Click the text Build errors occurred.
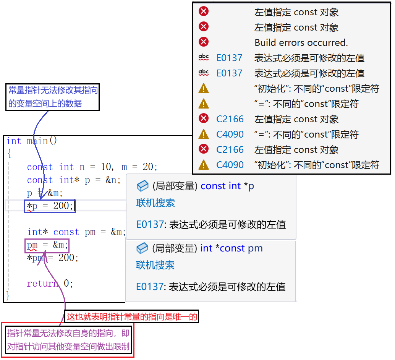coord(301,42)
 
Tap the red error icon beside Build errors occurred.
coord(204,42)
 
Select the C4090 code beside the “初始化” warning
coord(230,165)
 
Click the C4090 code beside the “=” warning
coord(230,134)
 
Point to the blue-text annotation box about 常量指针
coord(53,97)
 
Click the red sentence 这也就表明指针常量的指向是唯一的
coord(132,316)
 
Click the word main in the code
coord(37,141)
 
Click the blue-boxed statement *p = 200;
coord(50,206)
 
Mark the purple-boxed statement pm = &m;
coord(47,245)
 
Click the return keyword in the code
coord(42,284)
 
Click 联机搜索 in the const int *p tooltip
coord(155,203)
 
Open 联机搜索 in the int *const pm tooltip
coord(155,265)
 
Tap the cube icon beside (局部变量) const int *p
coord(142,186)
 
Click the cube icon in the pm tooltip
coord(142,248)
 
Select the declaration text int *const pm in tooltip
coord(231,248)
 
